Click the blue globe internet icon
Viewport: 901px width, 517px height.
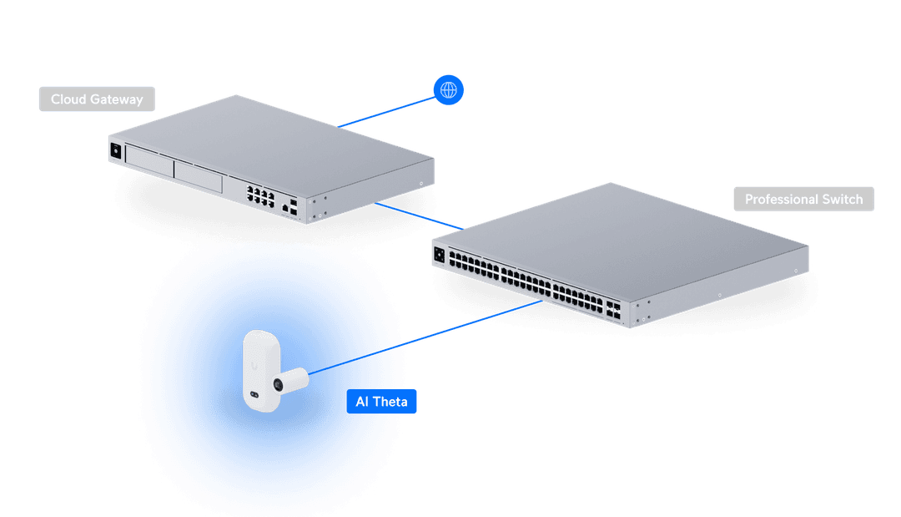(449, 89)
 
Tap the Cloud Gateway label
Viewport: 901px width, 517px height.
(97, 99)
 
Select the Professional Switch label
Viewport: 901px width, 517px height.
(803, 200)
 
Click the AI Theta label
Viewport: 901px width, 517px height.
(381, 402)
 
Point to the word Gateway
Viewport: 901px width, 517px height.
(118, 99)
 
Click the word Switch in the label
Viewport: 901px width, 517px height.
(842, 200)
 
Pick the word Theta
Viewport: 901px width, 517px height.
(390, 402)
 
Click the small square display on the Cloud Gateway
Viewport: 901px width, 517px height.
(116, 150)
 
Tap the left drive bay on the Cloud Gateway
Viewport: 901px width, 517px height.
(148, 164)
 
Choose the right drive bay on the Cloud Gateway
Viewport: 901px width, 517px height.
(199, 176)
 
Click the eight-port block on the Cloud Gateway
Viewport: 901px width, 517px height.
(260, 195)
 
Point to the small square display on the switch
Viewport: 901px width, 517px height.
(439, 254)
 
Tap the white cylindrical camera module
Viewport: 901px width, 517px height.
(292, 380)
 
